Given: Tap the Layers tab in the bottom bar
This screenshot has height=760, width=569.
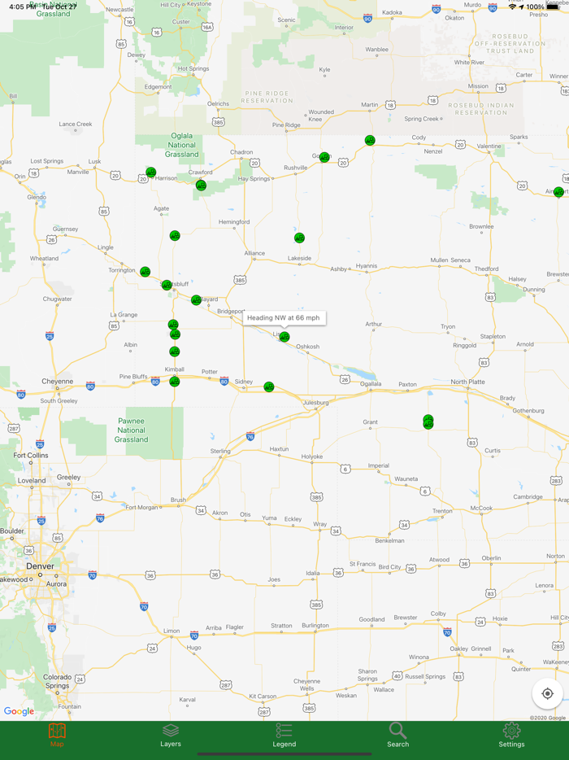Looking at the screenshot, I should click(x=170, y=735).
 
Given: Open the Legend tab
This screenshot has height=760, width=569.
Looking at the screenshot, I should click(x=284, y=735).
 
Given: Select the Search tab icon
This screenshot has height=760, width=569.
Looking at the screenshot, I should click(x=397, y=735).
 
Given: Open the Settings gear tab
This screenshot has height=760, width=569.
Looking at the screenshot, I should click(x=511, y=735).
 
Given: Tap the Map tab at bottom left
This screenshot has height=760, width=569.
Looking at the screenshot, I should click(x=57, y=735).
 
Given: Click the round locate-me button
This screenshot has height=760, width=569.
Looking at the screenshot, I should click(x=547, y=694).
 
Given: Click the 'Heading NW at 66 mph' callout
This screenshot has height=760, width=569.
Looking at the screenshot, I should click(x=284, y=317).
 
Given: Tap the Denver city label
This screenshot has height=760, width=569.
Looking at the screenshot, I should click(x=40, y=566).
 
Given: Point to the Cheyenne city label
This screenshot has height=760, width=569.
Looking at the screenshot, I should click(x=57, y=381).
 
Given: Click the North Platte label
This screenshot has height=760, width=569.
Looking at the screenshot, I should click(x=468, y=382).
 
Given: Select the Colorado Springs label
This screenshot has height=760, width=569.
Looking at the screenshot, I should click(x=57, y=681).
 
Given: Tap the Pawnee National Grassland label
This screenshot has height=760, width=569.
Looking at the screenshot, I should click(x=131, y=430).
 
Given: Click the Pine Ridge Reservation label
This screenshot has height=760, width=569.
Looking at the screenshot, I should click(x=267, y=97).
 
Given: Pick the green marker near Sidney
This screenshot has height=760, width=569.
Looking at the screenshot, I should click(x=269, y=387).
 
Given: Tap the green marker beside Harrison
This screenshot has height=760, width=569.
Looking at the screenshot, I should click(x=150, y=173).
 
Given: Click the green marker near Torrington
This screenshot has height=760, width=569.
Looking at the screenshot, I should click(x=145, y=272).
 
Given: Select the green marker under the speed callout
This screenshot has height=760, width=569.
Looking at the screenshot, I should click(x=284, y=337).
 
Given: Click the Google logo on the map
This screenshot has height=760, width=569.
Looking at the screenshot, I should click(x=19, y=711).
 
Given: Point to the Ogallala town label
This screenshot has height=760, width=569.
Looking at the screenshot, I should click(x=371, y=384).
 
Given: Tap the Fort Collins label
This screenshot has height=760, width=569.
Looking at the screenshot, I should click(x=31, y=456).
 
